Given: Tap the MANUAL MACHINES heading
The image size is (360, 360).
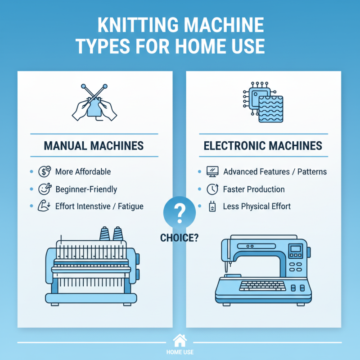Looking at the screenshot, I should [x=94, y=146].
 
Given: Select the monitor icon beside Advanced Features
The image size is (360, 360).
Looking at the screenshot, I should [x=212, y=171].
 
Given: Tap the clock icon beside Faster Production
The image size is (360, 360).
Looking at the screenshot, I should [x=212, y=189].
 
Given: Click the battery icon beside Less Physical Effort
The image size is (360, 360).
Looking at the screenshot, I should [x=212, y=207].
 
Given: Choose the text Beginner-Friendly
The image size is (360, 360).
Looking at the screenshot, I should [x=86, y=189].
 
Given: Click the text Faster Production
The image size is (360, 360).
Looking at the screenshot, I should [x=254, y=189].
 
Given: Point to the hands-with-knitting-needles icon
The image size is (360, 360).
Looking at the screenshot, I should [x=94, y=103].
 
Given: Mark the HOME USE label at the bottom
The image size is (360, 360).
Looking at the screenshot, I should [x=180, y=352].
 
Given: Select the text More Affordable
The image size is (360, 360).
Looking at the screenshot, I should [x=83, y=171].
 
